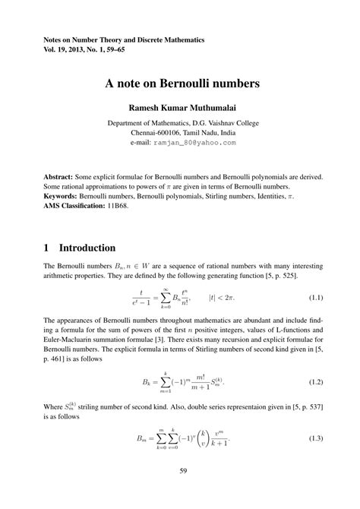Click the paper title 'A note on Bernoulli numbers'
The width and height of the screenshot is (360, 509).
pos(179,82)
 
